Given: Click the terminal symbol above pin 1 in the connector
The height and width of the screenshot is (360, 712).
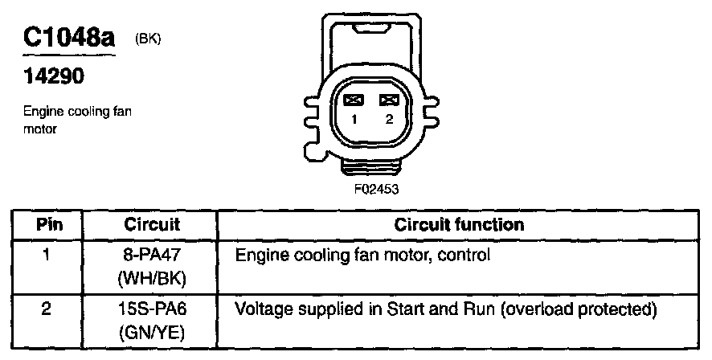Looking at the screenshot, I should (354, 100).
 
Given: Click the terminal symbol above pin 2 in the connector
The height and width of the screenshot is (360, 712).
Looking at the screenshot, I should (389, 100).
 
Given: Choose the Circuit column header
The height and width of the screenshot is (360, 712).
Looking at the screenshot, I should (152, 225).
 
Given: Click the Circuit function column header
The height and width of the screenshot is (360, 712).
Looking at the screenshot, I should (459, 225).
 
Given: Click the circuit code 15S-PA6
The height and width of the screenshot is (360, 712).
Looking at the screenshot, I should (152, 309).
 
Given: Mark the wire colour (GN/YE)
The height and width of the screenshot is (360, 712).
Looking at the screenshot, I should (152, 329).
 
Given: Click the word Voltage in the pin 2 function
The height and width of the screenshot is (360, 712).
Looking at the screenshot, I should (260, 309).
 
